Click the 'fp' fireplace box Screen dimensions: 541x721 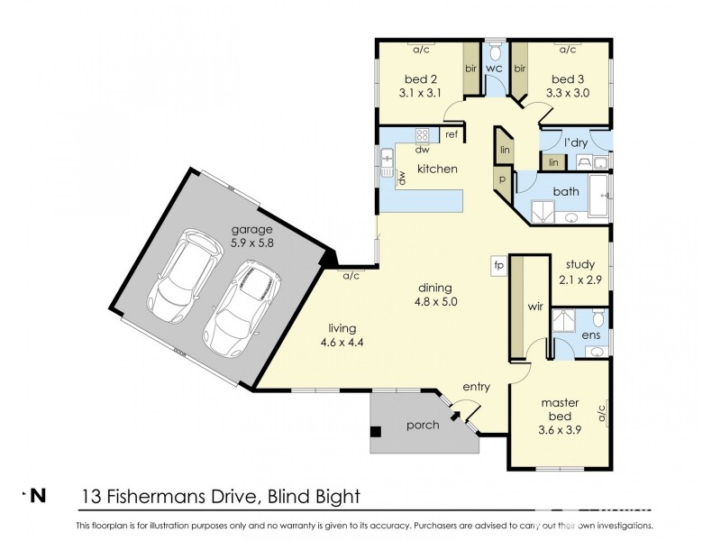[x=497, y=265]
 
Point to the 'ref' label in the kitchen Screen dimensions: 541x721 [x=452, y=135]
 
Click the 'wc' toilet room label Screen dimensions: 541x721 [x=494, y=69]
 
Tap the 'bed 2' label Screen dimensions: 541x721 [x=419, y=78]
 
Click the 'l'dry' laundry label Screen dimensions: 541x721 [x=576, y=143]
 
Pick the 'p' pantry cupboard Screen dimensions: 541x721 [x=501, y=179]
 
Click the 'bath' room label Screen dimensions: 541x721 [x=566, y=191]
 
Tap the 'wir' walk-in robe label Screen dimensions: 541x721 [x=534, y=306]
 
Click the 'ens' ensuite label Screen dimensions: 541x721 [x=590, y=336]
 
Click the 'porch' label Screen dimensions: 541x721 [x=422, y=425]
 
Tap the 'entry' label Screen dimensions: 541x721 [x=476, y=387]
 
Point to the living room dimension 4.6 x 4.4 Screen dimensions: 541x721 [x=341, y=342]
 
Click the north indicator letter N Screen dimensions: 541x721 [x=39, y=495]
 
